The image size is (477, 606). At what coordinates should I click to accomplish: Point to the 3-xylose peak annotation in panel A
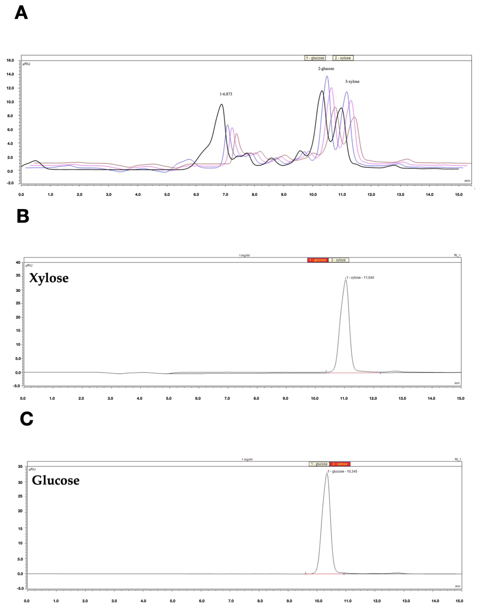click(352, 82)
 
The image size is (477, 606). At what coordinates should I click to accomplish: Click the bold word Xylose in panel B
click(49, 278)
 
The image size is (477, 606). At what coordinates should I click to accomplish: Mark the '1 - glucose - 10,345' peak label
click(342, 471)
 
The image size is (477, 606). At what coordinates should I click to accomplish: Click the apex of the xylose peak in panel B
click(346, 280)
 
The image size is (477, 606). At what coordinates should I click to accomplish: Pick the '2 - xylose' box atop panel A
click(343, 58)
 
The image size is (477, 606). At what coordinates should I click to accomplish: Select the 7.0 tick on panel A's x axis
click(225, 195)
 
